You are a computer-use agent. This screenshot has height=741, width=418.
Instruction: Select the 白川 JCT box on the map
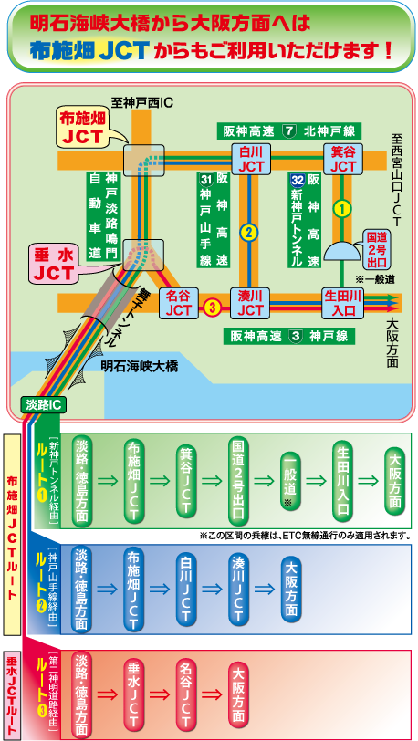[251, 159]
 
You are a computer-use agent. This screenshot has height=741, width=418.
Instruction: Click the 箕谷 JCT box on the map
[343, 159]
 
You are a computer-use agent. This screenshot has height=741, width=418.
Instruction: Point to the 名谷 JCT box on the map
[178, 303]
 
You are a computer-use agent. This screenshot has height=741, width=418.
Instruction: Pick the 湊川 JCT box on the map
[251, 303]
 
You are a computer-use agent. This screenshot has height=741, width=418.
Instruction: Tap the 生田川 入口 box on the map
[343, 303]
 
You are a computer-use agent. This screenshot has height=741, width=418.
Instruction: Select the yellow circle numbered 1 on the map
[342, 208]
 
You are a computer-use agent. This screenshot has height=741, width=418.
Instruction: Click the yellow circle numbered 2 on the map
[249, 232]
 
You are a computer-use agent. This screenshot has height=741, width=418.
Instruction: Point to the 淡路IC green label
[43, 403]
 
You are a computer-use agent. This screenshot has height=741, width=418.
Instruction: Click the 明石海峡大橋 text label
[140, 366]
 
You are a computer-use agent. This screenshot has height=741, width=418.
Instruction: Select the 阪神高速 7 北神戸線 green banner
[287, 130]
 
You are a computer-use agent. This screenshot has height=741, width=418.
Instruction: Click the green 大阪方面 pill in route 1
[394, 481]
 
